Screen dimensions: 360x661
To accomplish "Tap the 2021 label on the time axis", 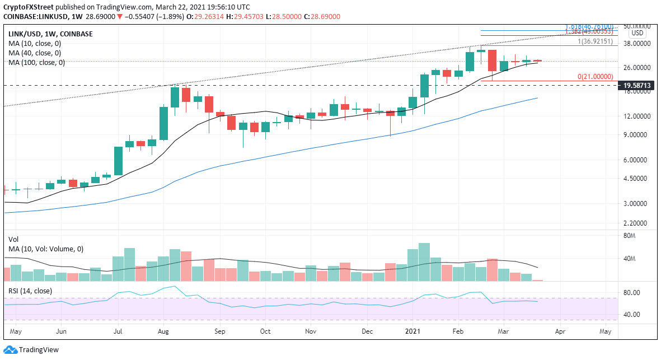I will click(x=411, y=331).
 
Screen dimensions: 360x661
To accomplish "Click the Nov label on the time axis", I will click(x=311, y=331).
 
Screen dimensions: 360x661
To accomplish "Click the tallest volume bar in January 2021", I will click(x=424, y=262).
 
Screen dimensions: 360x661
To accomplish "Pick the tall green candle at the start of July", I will click(x=119, y=161).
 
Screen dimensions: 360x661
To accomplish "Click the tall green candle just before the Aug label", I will click(x=164, y=123).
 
